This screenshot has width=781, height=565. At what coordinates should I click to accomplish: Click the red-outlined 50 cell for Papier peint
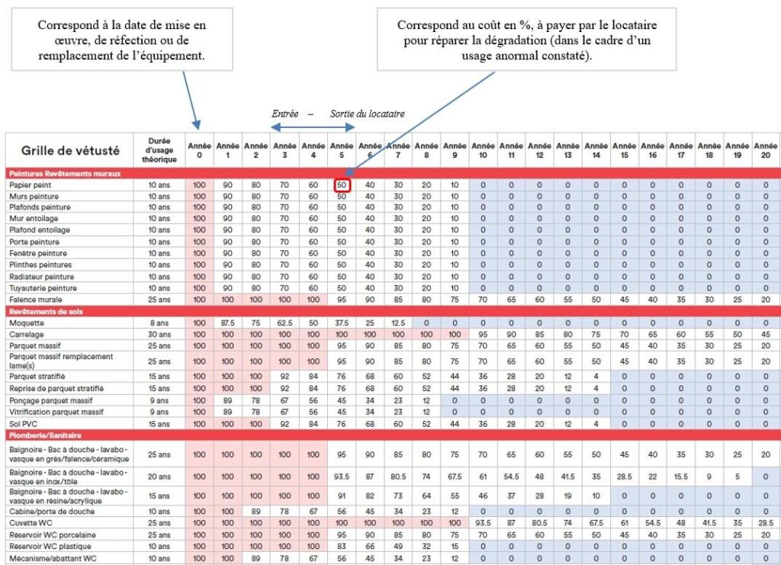point(342,185)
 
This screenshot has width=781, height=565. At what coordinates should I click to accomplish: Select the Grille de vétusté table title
point(70,150)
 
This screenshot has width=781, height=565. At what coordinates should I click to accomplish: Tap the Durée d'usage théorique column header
point(159,150)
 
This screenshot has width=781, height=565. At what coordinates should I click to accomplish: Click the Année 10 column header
point(483,150)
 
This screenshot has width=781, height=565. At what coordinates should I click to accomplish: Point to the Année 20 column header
point(766,150)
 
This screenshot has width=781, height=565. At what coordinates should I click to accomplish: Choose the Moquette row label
point(27,323)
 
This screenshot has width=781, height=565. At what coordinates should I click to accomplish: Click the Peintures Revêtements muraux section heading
point(65,173)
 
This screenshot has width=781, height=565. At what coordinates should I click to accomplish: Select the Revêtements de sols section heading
point(46,312)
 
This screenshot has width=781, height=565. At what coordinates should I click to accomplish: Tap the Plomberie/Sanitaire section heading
point(45,435)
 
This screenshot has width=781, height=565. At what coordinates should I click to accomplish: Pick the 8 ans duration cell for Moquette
point(159,323)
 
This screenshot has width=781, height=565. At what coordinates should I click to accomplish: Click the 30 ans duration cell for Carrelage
point(159,335)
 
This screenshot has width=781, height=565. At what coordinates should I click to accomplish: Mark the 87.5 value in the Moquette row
point(227,323)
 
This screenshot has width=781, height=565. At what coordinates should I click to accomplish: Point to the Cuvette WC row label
point(31,523)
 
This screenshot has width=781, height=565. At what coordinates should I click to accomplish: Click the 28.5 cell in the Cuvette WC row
point(766,523)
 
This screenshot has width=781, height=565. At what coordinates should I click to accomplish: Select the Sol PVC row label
point(23,424)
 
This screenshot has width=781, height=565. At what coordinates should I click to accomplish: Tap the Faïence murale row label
point(35,300)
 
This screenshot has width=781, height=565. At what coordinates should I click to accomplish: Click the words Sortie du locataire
point(367,114)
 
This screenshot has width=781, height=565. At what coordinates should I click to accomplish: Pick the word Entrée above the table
point(285,114)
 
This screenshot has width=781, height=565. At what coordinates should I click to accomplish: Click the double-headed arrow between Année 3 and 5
point(313,127)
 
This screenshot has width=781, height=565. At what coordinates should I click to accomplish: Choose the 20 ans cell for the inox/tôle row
point(159,477)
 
